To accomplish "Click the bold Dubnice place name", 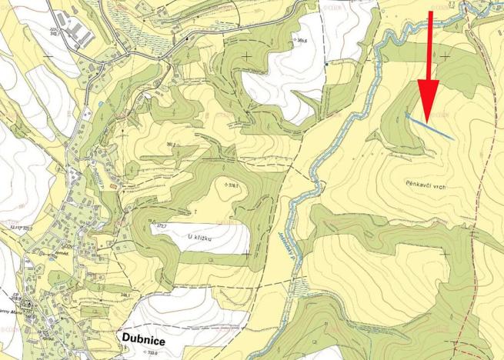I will [x=145, y=336].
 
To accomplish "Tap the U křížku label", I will [x=200, y=237].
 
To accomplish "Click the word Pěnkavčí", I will [x=416, y=185].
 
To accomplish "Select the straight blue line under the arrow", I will [x=429, y=125].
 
